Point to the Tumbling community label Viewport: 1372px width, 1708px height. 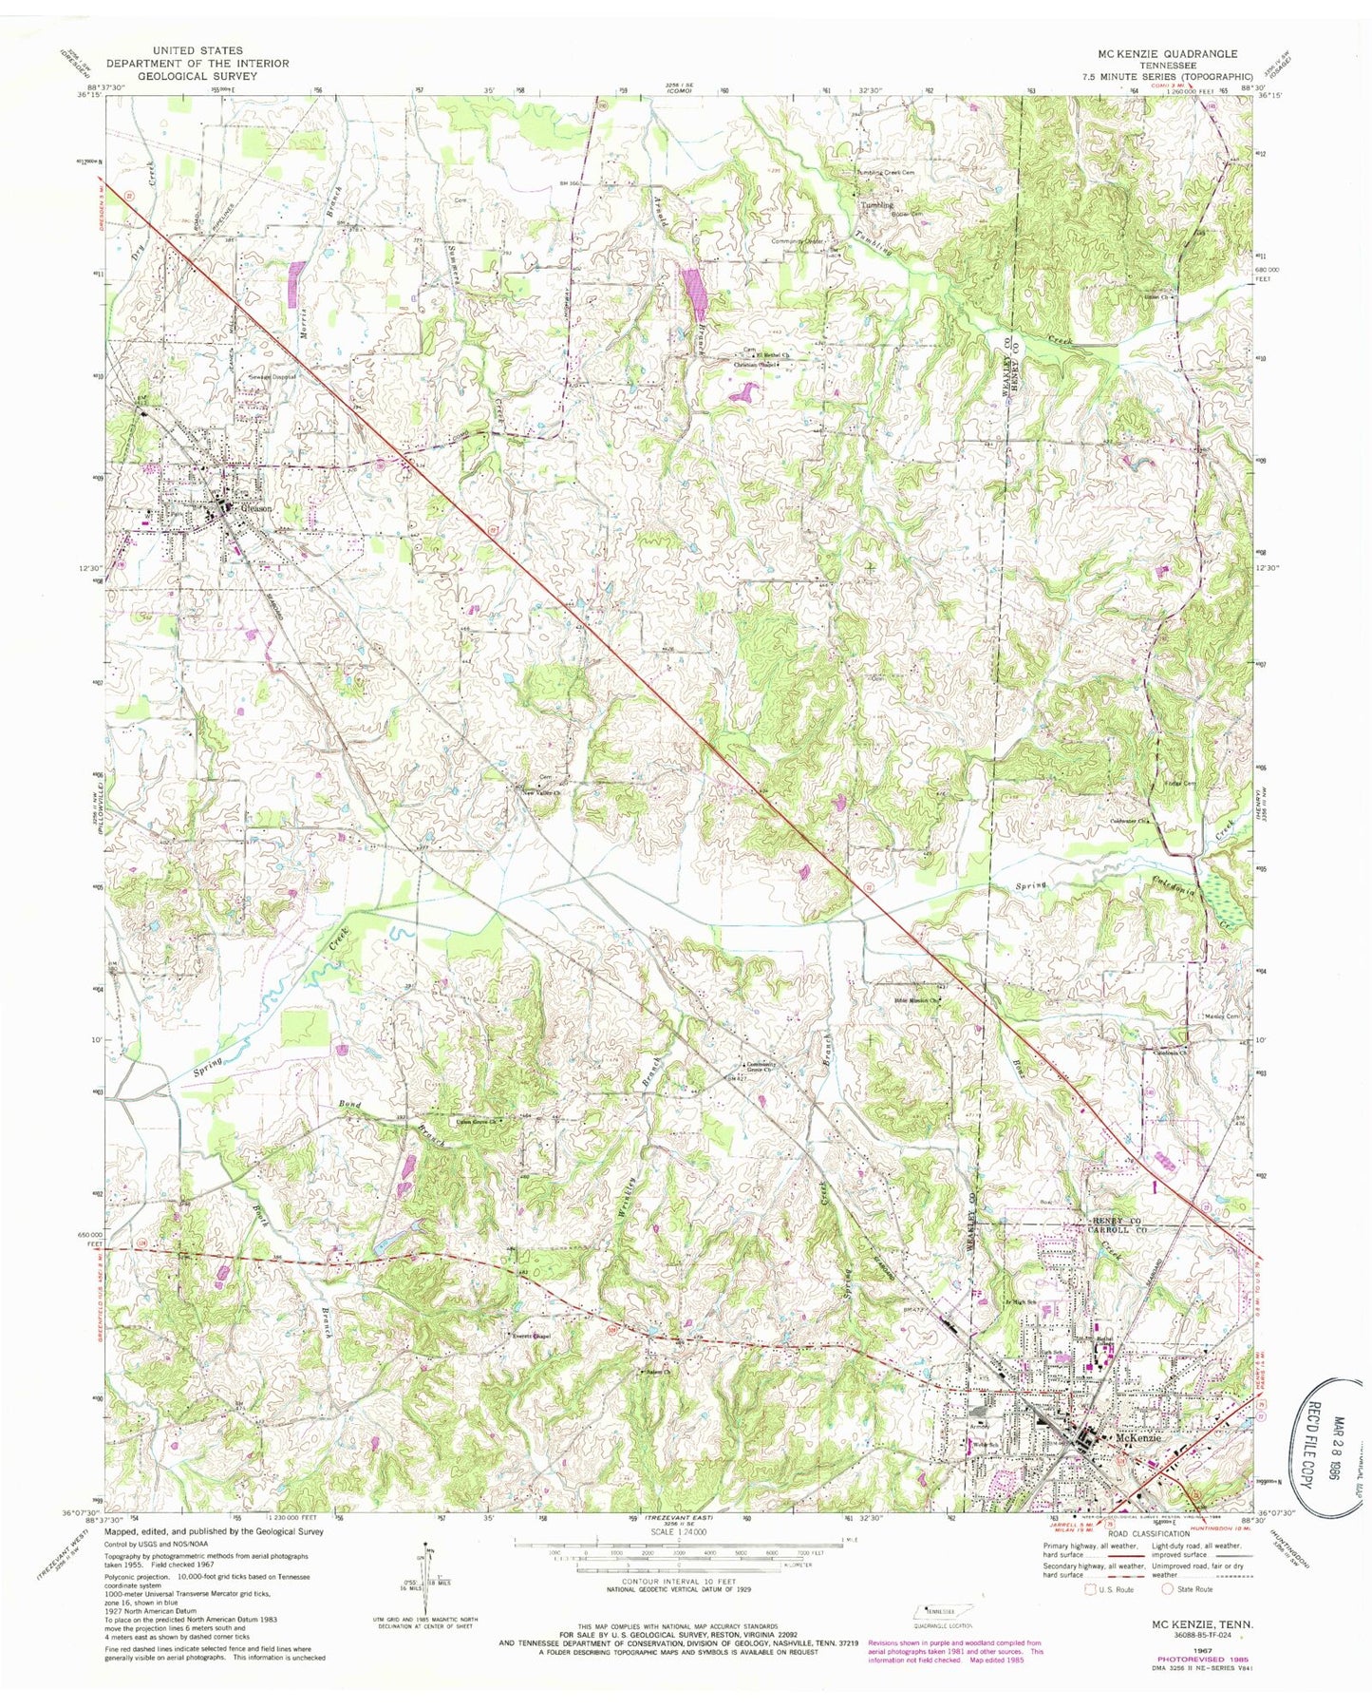[x=875, y=204]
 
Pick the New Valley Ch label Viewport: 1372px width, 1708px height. [x=546, y=787]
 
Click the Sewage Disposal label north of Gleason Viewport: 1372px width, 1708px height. [x=273, y=376]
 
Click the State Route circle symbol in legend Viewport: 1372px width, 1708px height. [x=1167, y=1588]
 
